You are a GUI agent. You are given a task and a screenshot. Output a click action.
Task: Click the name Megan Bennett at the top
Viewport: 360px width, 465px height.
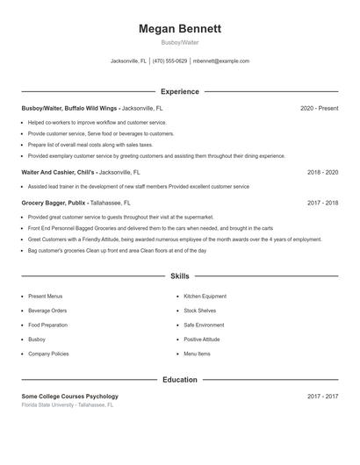coord(180,29)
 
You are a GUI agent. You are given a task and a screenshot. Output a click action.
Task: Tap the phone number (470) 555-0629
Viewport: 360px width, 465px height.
coord(170,61)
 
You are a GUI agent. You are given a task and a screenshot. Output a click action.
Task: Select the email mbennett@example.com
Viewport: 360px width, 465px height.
coord(221,61)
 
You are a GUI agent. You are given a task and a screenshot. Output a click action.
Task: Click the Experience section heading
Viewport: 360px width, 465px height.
coord(180,91)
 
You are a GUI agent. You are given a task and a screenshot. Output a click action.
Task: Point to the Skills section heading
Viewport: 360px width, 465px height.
coord(180,275)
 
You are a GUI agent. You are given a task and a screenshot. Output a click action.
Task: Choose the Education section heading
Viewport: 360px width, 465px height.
coord(180,380)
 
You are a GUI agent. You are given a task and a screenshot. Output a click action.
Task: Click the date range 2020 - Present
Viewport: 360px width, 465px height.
coord(319,108)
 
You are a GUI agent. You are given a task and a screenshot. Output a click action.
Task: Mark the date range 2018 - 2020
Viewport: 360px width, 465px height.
coord(322,173)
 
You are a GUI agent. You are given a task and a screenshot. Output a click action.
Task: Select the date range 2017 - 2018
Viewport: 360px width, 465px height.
coord(322,202)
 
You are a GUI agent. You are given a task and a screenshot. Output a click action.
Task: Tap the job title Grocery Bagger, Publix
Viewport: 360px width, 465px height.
coord(54,202)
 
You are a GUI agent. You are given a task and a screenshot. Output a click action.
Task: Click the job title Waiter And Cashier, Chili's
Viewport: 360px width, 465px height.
coord(58,173)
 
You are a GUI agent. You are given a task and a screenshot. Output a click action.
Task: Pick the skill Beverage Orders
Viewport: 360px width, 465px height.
coord(47,311)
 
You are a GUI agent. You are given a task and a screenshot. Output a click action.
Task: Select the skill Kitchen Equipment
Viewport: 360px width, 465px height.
coord(205,297)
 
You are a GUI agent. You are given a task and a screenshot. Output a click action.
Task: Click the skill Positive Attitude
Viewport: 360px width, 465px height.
coord(202,339)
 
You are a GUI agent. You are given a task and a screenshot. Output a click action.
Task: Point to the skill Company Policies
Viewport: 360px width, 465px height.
coord(48,354)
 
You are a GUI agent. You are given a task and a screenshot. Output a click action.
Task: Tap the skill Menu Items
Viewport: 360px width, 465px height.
coord(197,354)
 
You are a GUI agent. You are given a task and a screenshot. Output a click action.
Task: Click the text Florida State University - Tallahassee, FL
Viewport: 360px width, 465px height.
coord(68,405)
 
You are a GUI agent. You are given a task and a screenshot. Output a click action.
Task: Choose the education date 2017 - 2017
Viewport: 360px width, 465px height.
coord(322,397)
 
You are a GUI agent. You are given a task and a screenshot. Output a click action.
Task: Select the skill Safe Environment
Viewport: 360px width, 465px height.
coord(204,325)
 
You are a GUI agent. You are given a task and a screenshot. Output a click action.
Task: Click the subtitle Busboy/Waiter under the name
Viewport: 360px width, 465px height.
coord(180,42)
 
